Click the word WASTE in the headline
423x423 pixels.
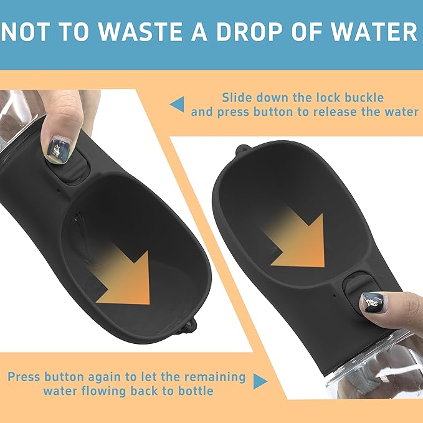tap(135, 33)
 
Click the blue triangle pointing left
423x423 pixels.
tap(178, 104)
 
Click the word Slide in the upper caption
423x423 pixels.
tap(237, 98)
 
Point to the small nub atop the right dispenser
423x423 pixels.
tap(242, 150)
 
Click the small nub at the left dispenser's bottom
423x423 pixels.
tap(187, 324)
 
